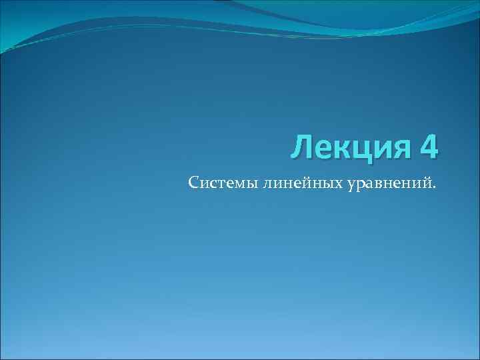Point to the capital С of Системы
[193, 182]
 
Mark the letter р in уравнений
[359, 185]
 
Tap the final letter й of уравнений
[428, 182]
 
